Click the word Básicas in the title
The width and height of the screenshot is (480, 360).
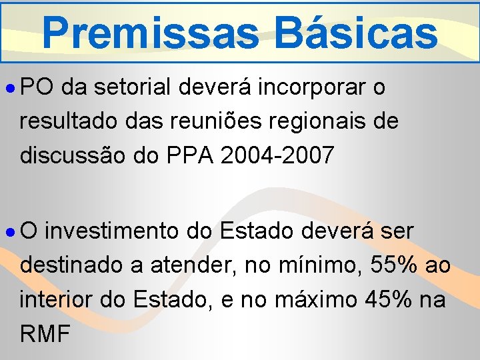point(358,31)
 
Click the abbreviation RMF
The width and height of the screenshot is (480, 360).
point(45,333)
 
